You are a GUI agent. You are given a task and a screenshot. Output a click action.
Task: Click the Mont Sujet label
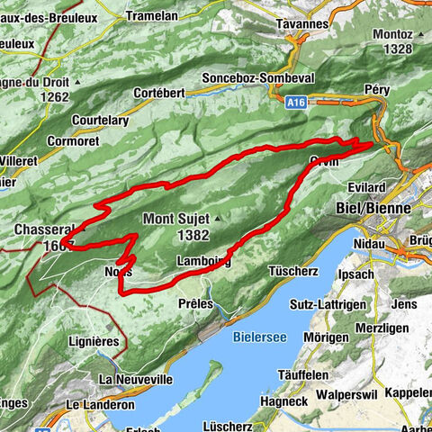click(x=176, y=218)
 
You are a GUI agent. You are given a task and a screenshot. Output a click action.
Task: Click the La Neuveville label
click(x=135, y=380)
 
